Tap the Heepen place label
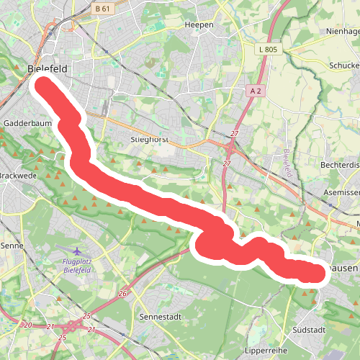[199, 24]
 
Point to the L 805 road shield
[266, 49]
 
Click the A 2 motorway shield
[255, 91]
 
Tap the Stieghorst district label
[150, 139]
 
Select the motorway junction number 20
[28, 325]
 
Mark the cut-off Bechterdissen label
[339, 165]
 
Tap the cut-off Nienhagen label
[342, 31]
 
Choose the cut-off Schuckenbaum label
[343, 64]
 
